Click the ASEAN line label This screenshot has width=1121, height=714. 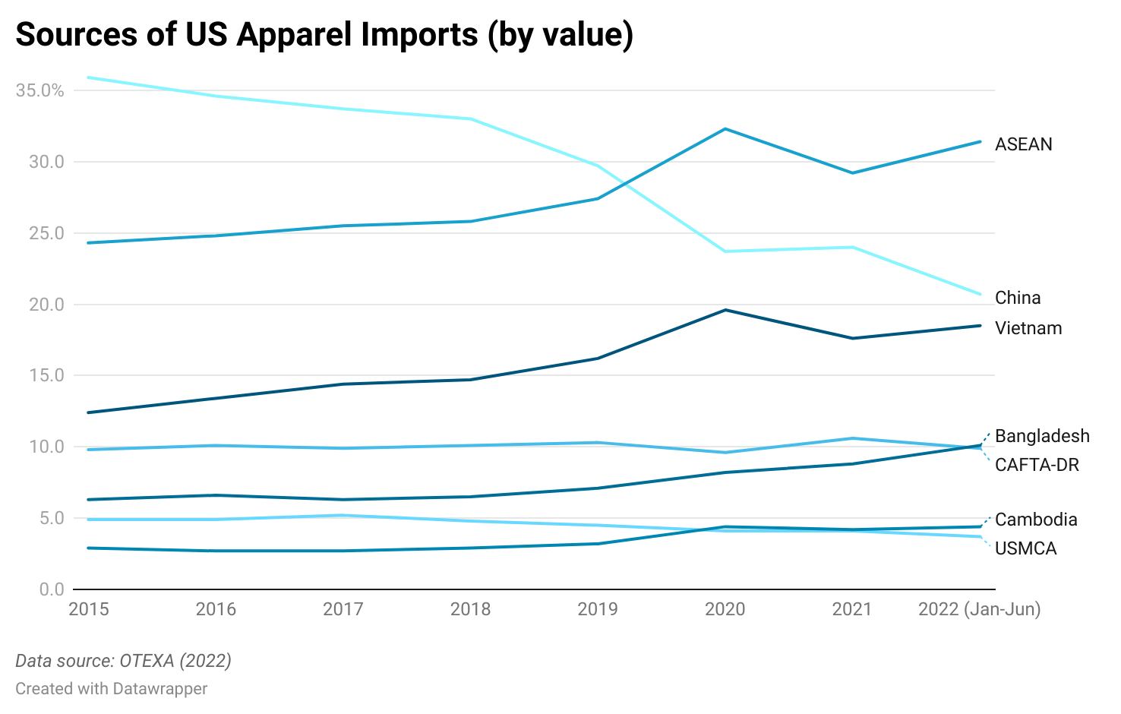pyautogui.click(x=1023, y=144)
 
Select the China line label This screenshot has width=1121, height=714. pyautogui.click(x=1017, y=298)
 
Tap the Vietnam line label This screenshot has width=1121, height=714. pyautogui.click(x=1028, y=328)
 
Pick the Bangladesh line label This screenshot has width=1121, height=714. pyautogui.click(x=1041, y=436)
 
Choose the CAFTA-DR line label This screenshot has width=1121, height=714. pyautogui.click(x=1036, y=465)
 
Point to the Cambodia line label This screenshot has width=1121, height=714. pyautogui.click(x=1035, y=520)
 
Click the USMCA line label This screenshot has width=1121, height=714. pyautogui.click(x=1025, y=548)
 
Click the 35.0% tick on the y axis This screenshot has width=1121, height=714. pyautogui.click(x=40, y=90)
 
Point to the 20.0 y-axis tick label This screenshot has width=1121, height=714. pyautogui.click(x=46, y=305)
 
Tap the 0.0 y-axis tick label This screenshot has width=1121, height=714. pyautogui.click(x=51, y=589)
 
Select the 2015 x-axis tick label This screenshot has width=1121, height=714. pyautogui.click(x=89, y=609)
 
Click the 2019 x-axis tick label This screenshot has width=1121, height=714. pyautogui.click(x=598, y=609)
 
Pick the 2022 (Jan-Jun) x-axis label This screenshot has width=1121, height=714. pyautogui.click(x=979, y=609)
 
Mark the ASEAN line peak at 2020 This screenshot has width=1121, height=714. pyautogui.click(x=725, y=129)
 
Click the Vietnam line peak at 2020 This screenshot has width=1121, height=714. pyautogui.click(x=725, y=310)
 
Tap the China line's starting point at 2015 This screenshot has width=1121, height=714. pyautogui.click(x=89, y=77)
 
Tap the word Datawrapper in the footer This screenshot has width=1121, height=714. pyautogui.click(x=159, y=689)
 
